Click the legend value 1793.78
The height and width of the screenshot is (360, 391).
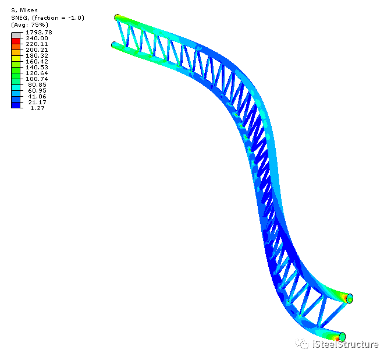39,32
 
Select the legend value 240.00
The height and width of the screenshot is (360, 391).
37,38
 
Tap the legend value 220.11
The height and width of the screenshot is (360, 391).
37,44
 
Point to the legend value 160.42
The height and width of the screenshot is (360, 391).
37,61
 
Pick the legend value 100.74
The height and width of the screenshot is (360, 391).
37,79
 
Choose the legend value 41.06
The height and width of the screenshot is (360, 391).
37,96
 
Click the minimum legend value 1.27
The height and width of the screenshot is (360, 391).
37,108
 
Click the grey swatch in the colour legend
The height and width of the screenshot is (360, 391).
16,35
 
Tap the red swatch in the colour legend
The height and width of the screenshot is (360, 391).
16,41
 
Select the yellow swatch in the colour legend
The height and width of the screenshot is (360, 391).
16,58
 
